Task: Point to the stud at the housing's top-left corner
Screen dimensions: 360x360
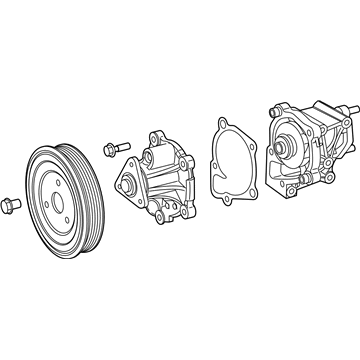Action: (274, 107)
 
